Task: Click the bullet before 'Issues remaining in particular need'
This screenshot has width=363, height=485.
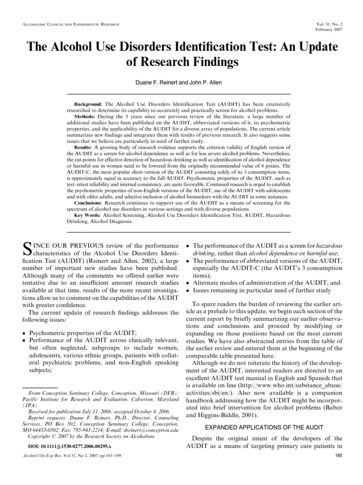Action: click(188, 290)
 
